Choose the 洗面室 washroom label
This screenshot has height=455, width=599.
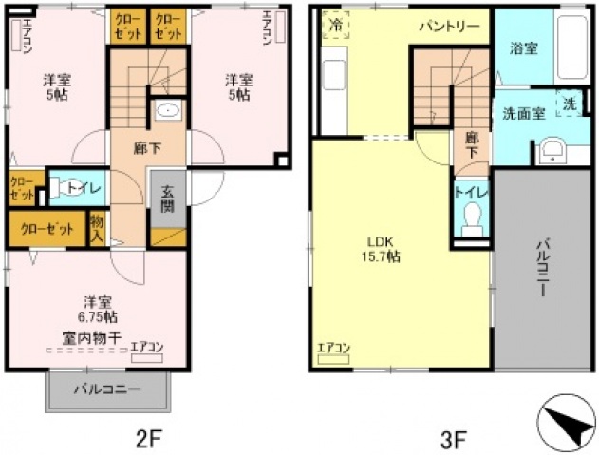[x=523, y=113]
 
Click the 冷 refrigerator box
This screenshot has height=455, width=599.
[x=335, y=26]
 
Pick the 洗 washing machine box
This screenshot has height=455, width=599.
[x=569, y=104]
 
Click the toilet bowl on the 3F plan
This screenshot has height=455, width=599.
[x=470, y=224]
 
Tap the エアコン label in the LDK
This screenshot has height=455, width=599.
[x=334, y=348]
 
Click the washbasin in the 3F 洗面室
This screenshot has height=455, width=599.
[x=550, y=151]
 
